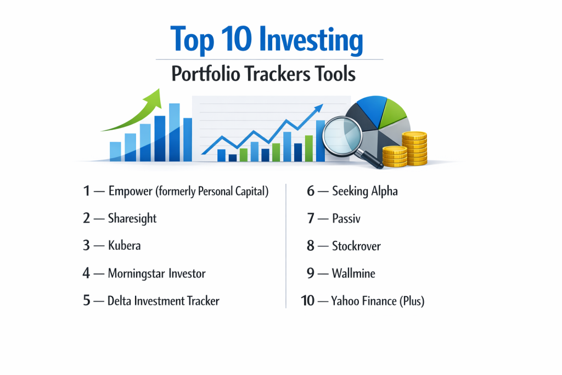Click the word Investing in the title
click(311, 40)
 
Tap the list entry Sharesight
click(132, 219)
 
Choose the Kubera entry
click(125, 245)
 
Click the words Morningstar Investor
click(156, 273)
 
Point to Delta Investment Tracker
click(164, 301)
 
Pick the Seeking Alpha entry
click(365, 192)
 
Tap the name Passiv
click(346, 219)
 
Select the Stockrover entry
click(356, 246)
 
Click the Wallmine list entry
click(353, 273)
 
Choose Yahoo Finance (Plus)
click(378, 301)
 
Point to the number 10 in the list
click(307, 301)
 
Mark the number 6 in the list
click(311, 191)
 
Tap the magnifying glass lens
click(342, 136)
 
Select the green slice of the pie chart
click(392, 114)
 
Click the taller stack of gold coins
click(414, 148)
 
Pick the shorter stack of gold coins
click(395, 156)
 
